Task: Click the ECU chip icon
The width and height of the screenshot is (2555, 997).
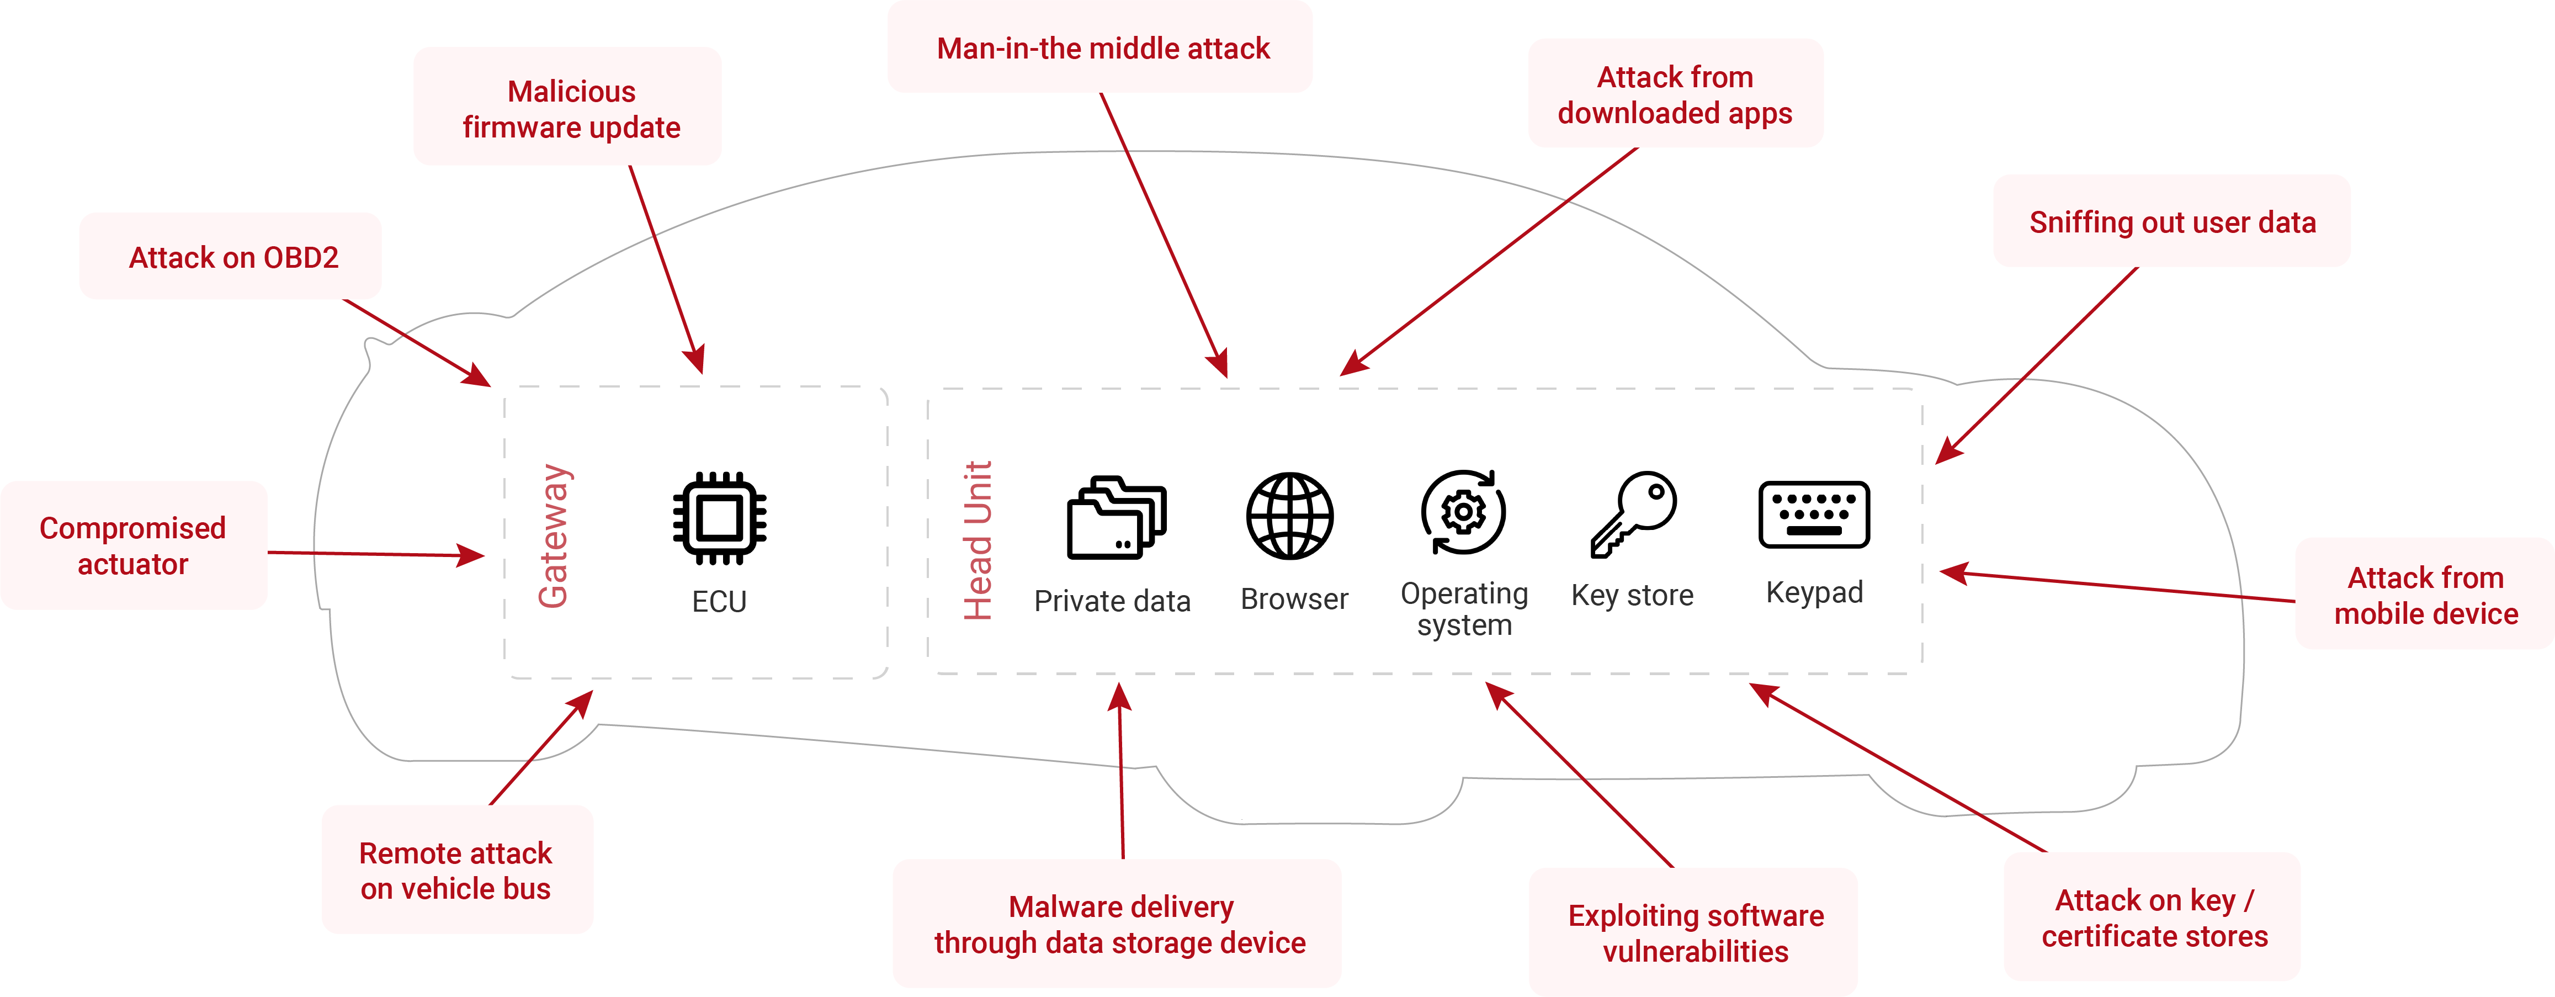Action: click(719, 517)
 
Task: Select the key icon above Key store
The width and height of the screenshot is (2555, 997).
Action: click(1634, 513)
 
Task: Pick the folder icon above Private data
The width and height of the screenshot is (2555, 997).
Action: click(1116, 518)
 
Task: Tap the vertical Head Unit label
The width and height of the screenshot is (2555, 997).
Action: click(978, 540)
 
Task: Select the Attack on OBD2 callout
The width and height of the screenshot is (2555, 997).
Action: click(233, 257)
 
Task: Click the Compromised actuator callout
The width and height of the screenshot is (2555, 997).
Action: click(133, 545)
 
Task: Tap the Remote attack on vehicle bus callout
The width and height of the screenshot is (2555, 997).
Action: click(456, 870)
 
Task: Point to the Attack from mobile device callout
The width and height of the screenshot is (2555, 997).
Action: click(2425, 595)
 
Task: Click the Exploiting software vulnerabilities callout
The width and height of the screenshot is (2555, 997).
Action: click(1695, 932)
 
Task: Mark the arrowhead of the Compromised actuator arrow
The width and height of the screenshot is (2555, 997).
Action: click(474, 555)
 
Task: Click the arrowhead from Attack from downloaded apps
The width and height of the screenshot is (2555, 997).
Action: click(1351, 367)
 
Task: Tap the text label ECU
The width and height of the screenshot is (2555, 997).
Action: click(719, 601)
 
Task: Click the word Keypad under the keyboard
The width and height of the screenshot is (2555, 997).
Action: click(1814, 592)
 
